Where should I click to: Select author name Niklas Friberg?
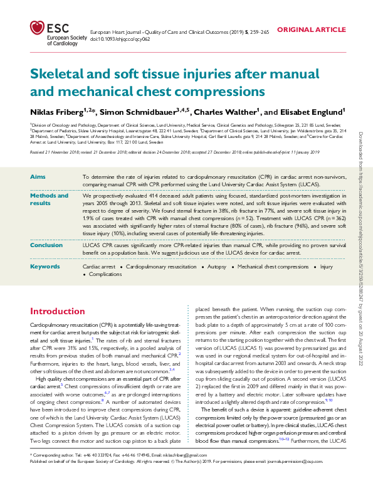[x=61, y=112]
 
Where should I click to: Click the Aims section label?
[x=38, y=177]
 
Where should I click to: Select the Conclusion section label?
[x=46, y=245]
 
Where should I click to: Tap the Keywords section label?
[x=45, y=266]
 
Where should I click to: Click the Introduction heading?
[x=58, y=311]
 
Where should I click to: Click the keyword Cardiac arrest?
[x=99, y=267]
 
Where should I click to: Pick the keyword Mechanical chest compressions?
[x=273, y=267]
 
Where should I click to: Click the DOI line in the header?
[x=120, y=39]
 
